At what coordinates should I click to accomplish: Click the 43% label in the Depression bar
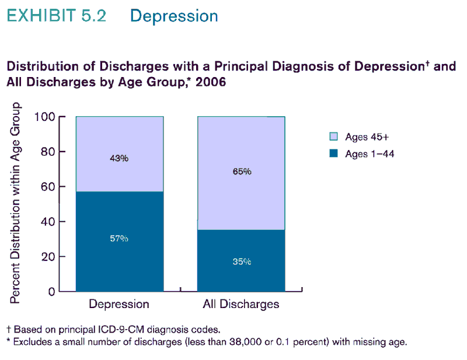[119, 158]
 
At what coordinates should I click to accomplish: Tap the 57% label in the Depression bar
[119, 239]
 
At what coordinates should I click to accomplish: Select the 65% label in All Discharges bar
[242, 172]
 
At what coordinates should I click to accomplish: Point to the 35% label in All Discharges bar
[242, 262]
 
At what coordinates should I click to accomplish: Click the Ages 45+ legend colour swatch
[334, 137]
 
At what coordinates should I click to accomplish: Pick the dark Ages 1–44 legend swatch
[334, 153]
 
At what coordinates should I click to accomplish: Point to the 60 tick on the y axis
[51, 187]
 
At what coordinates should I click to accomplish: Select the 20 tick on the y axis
[51, 257]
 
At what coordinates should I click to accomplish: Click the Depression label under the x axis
[119, 304]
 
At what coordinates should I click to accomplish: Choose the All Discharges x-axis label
[241, 304]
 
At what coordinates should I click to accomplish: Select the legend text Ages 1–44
[365, 154]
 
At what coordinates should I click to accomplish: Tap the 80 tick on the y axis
[51, 152]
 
